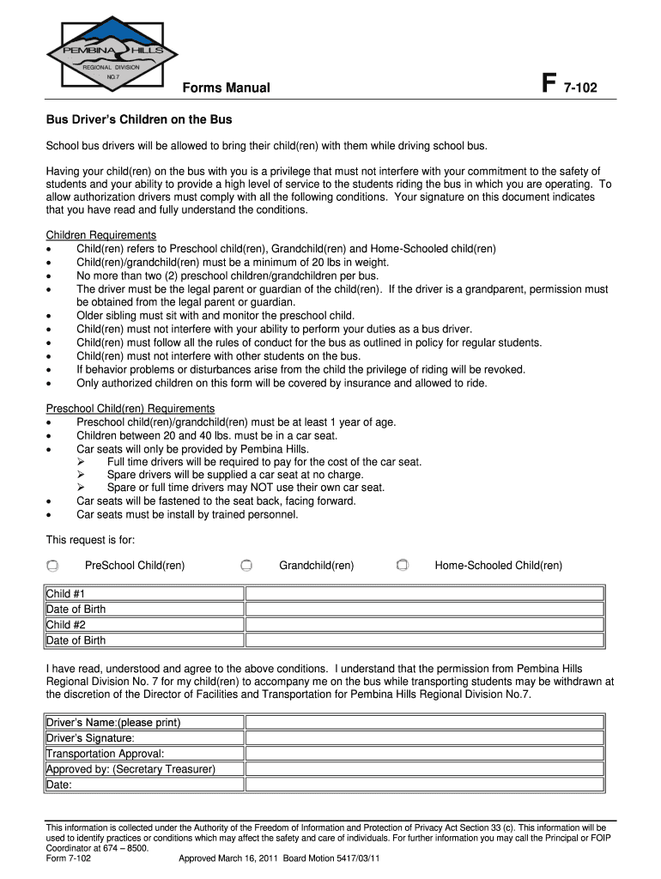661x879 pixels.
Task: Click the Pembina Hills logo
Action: pos(112,52)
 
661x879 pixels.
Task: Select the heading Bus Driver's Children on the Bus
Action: pos(139,119)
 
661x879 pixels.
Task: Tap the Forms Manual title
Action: pos(226,88)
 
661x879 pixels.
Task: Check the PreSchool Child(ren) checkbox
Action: pos(52,566)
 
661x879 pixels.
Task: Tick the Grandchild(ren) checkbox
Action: pos(246,566)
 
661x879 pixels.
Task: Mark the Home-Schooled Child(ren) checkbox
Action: pos(403,566)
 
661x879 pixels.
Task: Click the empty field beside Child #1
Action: pos(425,594)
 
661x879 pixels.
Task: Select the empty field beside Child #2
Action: pos(425,625)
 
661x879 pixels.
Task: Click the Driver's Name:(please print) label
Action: pos(113,723)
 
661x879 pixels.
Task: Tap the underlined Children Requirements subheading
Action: pos(100,235)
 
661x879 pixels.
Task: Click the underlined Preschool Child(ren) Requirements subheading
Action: pos(130,409)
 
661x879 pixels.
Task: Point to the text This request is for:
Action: pos(90,540)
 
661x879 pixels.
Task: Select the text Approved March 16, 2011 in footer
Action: pos(228,858)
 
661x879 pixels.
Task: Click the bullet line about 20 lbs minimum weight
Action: pos(232,263)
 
